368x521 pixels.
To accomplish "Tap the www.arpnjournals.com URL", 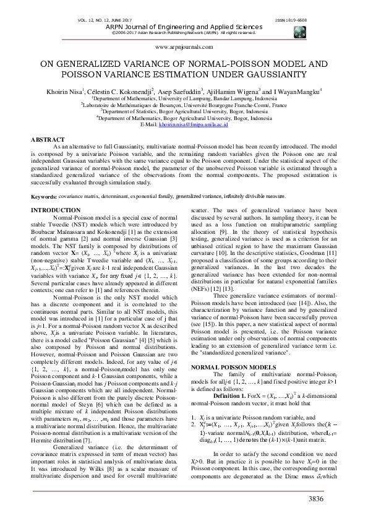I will (184, 47).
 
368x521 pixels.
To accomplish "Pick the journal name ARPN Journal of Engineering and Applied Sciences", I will (184, 27).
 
